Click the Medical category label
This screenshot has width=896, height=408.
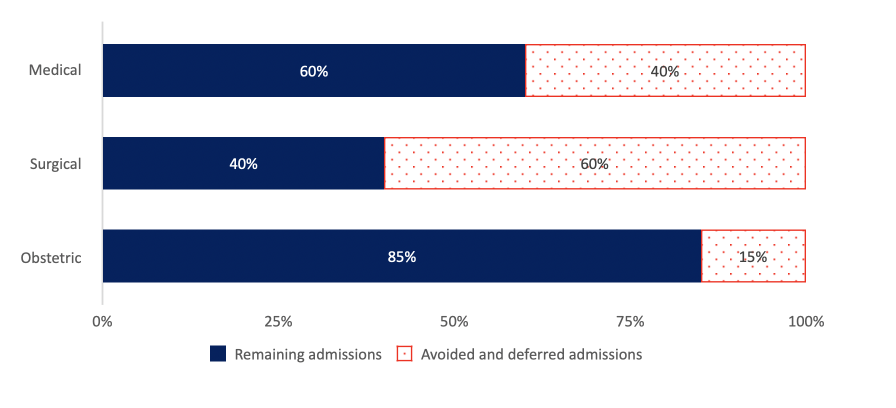coord(55,70)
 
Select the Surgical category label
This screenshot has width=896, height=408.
coord(55,164)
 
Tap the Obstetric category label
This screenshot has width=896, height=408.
coord(51,258)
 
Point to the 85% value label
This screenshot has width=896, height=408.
coord(402,257)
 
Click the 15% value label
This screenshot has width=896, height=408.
coord(753,257)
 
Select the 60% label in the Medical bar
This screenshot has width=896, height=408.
coord(314,71)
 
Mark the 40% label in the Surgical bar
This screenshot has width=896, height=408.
coord(243,164)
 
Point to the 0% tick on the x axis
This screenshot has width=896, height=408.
coord(102,321)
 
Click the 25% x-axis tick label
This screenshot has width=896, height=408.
coord(278,321)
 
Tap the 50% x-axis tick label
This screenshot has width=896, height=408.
coord(454,321)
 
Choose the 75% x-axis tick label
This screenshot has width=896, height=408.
coord(630,321)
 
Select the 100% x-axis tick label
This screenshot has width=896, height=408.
coord(806,321)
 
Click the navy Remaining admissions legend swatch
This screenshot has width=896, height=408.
coord(218,353)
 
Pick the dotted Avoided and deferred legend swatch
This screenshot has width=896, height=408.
coord(404,353)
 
